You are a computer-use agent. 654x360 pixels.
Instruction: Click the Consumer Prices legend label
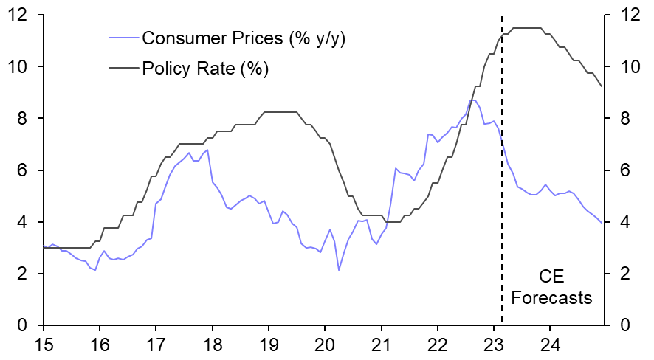click(x=244, y=38)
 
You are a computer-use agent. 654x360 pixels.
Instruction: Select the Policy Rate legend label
click(x=205, y=69)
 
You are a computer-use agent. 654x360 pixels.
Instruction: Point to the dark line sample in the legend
click(x=123, y=69)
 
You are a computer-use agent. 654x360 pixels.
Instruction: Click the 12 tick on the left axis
click(x=18, y=15)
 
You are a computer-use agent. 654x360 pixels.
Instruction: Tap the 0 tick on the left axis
click(x=22, y=325)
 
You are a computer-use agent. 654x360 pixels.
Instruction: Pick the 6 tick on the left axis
click(x=22, y=170)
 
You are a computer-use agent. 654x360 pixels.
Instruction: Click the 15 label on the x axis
click(x=44, y=343)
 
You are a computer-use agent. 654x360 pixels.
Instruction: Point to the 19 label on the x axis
click(x=269, y=343)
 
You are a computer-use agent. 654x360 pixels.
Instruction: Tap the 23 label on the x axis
click(x=493, y=343)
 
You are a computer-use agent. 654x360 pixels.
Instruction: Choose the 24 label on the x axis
click(x=549, y=343)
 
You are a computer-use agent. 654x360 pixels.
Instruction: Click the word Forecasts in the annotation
click(x=552, y=299)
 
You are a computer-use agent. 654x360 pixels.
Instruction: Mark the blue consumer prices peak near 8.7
click(x=474, y=100)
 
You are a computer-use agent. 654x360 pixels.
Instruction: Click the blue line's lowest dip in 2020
click(x=339, y=269)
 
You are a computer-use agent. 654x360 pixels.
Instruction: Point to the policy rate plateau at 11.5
click(x=528, y=28)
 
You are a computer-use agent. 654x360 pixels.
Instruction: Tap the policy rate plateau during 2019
click(x=280, y=112)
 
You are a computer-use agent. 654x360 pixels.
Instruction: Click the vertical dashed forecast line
click(x=502, y=184)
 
